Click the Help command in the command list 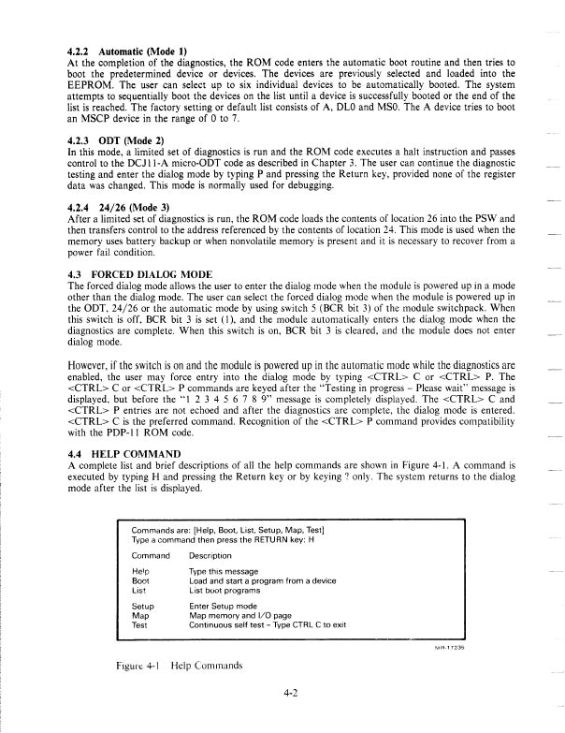point(140,570)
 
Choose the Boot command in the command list point(140,579)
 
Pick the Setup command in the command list point(141,604)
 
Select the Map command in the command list point(139,613)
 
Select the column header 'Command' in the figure point(150,555)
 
